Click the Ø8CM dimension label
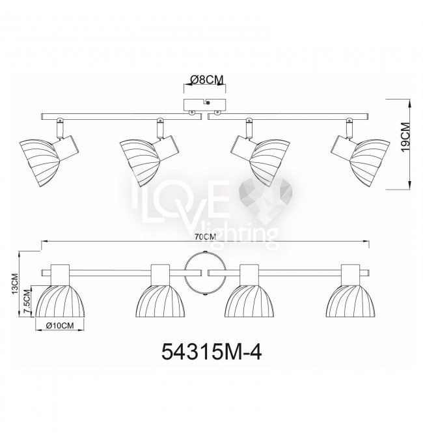[x=207, y=79]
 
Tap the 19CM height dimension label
[x=405, y=137]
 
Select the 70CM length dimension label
[x=206, y=237]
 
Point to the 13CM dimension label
[x=14, y=283]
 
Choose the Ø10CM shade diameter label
[x=60, y=326]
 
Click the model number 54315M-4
[x=211, y=352]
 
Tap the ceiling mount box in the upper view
[x=204, y=105]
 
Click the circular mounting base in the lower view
[x=204, y=273]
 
